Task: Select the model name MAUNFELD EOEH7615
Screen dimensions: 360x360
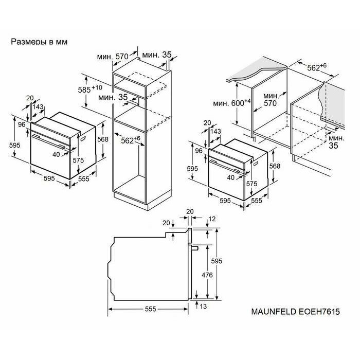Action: tap(296, 312)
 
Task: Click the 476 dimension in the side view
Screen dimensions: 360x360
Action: tap(207, 275)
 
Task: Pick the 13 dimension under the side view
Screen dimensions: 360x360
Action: tap(204, 307)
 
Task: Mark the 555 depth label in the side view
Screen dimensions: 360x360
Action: tap(150, 309)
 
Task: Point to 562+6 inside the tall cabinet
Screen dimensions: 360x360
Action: tap(131, 140)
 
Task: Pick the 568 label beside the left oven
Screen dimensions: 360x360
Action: tap(103, 139)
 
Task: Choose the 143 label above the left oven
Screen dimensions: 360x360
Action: tap(38, 107)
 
